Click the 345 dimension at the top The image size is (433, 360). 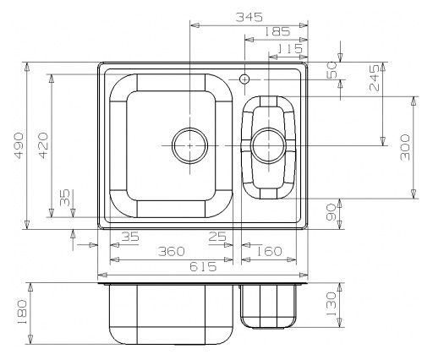click(x=249, y=17)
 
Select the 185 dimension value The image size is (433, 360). click(x=277, y=31)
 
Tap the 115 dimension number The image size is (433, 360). click(x=289, y=49)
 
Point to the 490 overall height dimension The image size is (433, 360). click(x=19, y=145)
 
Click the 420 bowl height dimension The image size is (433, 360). click(x=43, y=145)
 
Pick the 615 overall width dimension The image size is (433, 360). click(x=203, y=266)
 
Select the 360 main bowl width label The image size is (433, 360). click(x=171, y=251)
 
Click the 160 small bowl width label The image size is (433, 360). click(x=269, y=251)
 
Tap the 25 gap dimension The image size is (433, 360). click(x=217, y=237)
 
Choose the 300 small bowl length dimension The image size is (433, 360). click(x=405, y=147)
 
